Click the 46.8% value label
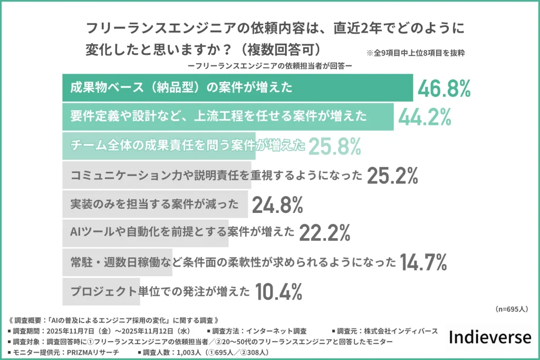(443, 88)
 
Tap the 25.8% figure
(334, 147)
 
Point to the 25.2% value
(392, 176)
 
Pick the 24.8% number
(277, 205)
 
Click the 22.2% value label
(325, 232)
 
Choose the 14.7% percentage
(423, 261)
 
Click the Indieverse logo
(490, 337)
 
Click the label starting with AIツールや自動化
(182, 232)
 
